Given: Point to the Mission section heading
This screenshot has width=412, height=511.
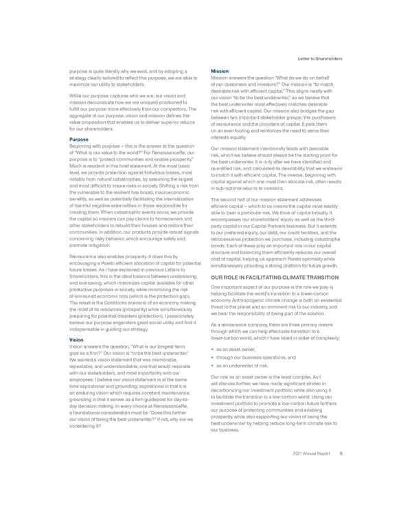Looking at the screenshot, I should [x=220, y=71].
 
